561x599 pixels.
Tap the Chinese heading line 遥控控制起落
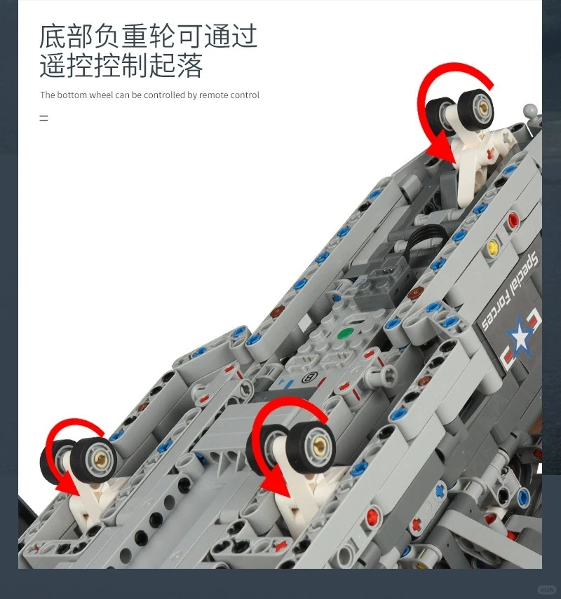(121, 67)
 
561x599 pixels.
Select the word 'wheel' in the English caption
(100, 95)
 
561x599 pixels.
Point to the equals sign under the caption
(43, 118)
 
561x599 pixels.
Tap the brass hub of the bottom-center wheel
(317, 441)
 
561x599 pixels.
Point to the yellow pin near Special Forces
(492, 247)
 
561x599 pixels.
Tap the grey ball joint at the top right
(532, 111)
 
